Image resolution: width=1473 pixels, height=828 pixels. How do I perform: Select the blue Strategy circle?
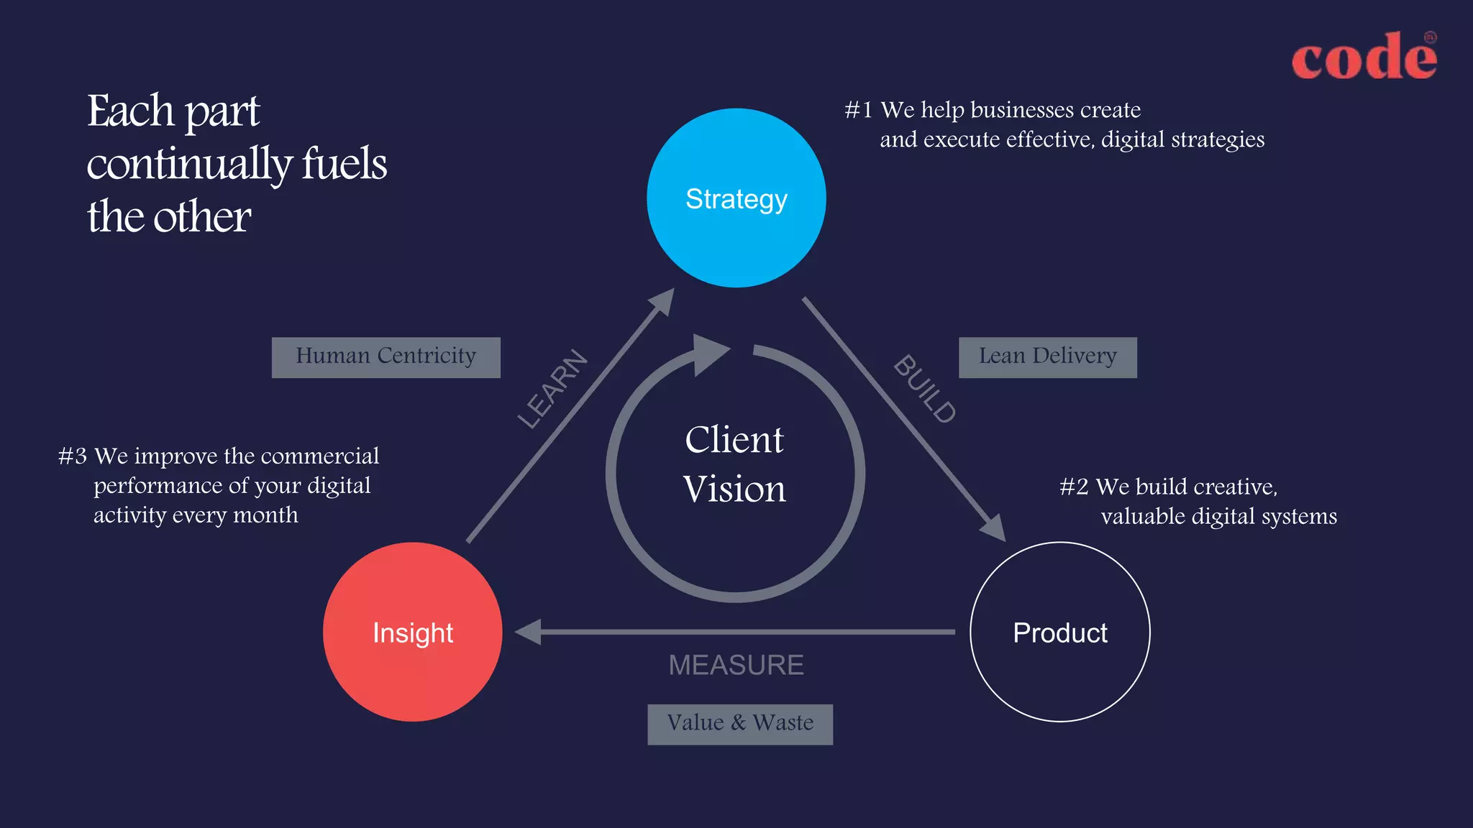click(736, 198)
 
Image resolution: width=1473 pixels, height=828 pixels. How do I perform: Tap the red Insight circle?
click(412, 632)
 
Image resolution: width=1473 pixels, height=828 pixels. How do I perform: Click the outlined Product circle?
click(1059, 632)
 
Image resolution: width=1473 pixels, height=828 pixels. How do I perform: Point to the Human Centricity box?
click(386, 357)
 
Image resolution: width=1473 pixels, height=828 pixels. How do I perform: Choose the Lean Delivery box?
click(1047, 357)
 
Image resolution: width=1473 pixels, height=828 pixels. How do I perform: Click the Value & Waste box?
click(740, 724)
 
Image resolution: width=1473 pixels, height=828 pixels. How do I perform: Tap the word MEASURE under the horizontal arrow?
click(736, 665)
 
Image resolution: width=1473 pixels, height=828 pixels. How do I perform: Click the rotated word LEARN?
click(553, 389)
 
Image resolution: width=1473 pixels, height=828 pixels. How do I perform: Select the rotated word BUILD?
click(925, 389)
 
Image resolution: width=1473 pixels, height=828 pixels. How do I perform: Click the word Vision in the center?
click(734, 489)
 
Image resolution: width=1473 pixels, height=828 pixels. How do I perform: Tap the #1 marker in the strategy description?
click(858, 110)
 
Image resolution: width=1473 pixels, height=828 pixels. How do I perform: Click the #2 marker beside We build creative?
click(1074, 487)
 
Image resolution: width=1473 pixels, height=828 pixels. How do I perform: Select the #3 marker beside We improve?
click(73, 456)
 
